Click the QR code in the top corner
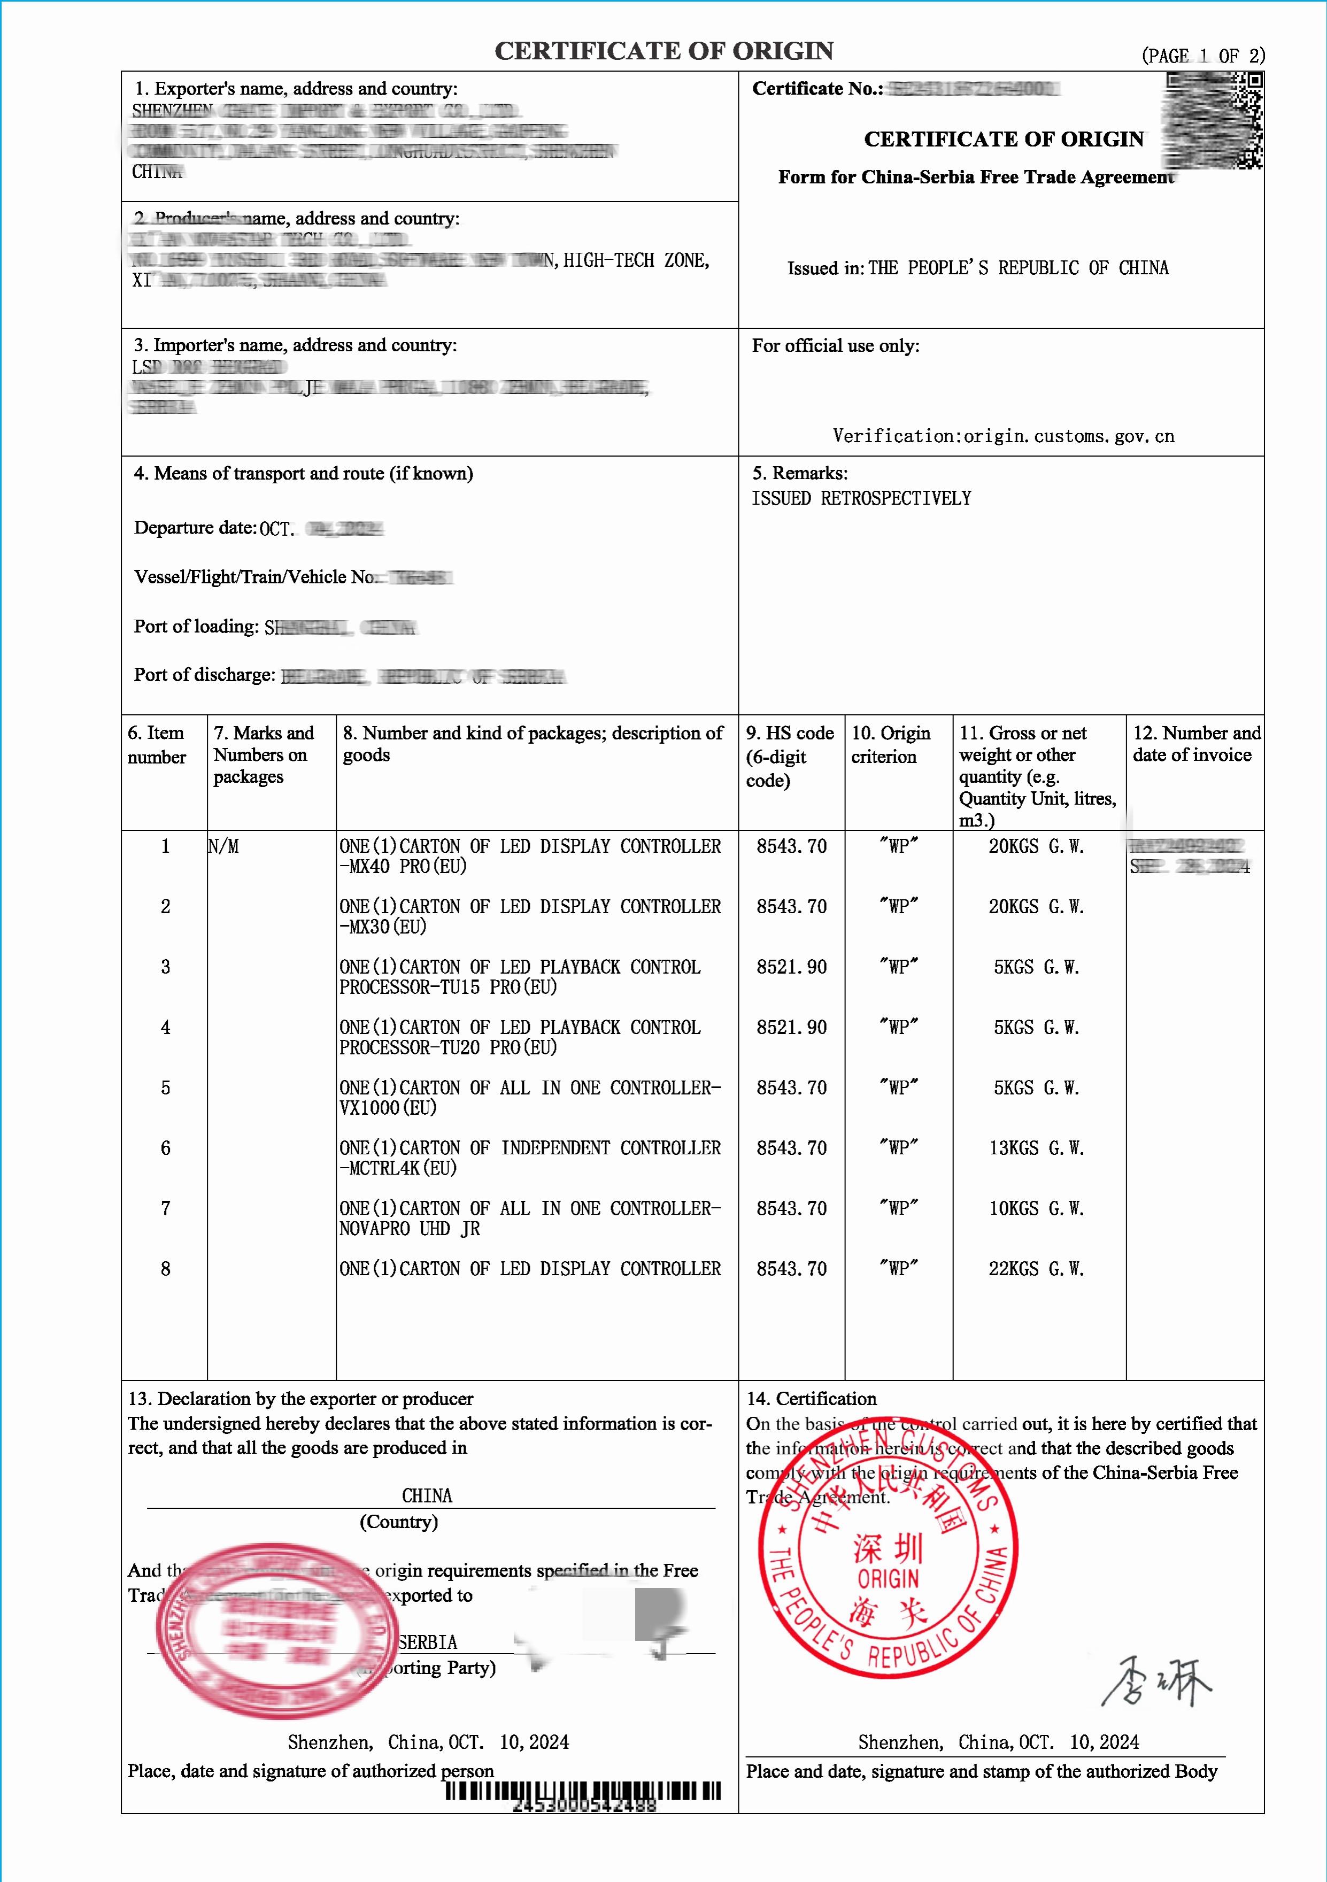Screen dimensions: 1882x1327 pyautogui.click(x=1214, y=120)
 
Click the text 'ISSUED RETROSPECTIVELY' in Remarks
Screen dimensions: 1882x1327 pyautogui.click(x=861, y=498)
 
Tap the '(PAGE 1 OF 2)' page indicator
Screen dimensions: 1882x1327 pyautogui.click(x=1202, y=56)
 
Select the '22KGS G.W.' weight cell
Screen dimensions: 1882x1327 pyautogui.click(x=1036, y=1269)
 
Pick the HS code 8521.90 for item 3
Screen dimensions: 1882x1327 pyautogui.click(x=791, y=967)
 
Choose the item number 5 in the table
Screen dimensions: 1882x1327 pyautogui.click(x=166, y=1087)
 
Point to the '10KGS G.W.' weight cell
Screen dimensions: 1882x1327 pyautogui.click(x=1036, y=1209)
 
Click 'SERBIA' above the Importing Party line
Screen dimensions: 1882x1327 pyautogui.click(x=428, y=1642)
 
